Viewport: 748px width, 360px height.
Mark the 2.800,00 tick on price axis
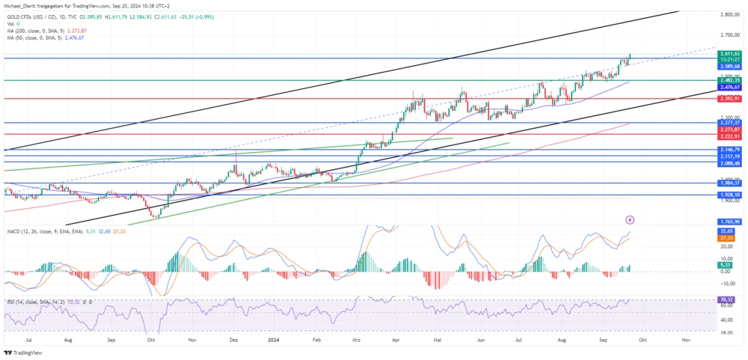tap(730, 14)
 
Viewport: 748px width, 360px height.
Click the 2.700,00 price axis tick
tap(730, 35)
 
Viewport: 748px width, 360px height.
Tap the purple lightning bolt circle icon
tap(630, 220)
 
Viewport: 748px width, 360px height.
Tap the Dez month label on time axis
tap(235, 339)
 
